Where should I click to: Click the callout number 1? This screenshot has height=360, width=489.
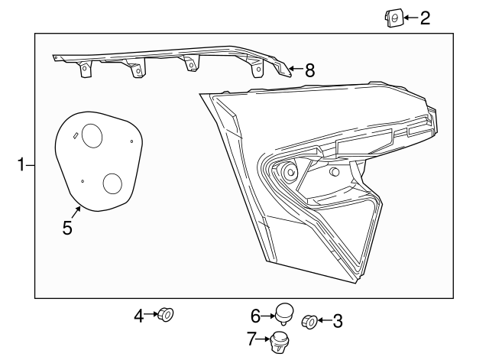(x=21, y=165)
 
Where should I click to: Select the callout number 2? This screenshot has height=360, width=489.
(x=425, y=18)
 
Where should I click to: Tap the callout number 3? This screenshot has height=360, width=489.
(x=338, y=321)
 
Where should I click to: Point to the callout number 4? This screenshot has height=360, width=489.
(x=139, y=316)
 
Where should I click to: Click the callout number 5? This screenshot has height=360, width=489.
(x=67, y=228)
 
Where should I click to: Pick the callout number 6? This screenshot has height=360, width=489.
(x=256, y=316)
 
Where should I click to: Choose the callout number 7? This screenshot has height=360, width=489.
(x=251, y=339)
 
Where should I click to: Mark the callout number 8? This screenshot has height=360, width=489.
(x=309, y=70)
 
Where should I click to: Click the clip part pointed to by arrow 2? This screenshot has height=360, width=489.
(x=393, y=18)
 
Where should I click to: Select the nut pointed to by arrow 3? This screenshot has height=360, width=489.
(x=309, y=322)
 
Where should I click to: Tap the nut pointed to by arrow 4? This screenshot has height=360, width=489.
(x=166, y=314)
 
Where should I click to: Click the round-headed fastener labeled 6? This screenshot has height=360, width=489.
(x=284, y=313)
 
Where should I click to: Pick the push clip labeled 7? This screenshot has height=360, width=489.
(x=279, y=342)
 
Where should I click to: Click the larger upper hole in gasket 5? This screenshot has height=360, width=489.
(x=92, y=136)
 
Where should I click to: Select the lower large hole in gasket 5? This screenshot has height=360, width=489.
(x=112, y=183)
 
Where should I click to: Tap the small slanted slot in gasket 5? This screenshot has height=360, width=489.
(x=75, y=135)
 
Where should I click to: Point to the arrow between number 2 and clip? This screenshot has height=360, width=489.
(x=410, y=18)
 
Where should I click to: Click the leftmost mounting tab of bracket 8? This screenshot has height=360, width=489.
(x=85, y=69)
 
